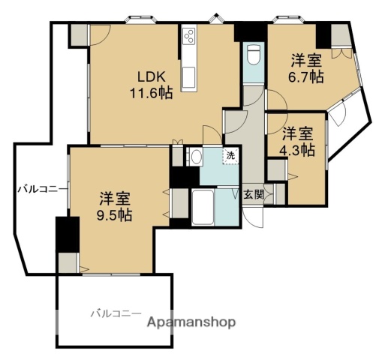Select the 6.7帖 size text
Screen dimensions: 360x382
click(x=308, y=76)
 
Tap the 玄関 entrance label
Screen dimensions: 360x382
click(x=254, y=194)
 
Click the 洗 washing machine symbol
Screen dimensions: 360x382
click(x=230, y=156)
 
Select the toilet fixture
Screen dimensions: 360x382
click(x=254, y=55)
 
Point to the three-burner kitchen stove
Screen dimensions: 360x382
click(x=188, y=37)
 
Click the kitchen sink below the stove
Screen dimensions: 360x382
click(x=188, y=75)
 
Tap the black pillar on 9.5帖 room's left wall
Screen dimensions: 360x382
click(x=67, y=234)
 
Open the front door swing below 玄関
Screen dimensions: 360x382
click(x=256, y=216)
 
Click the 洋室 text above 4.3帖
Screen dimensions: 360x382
click(x=297, y=133)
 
